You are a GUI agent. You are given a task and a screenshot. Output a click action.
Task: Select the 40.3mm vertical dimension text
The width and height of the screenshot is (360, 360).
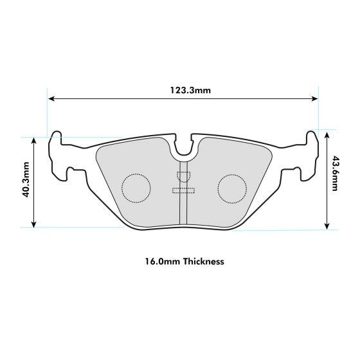click(x=26, y=183)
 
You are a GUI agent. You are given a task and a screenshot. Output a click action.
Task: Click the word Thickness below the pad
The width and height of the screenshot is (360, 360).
click(x=203, y=262)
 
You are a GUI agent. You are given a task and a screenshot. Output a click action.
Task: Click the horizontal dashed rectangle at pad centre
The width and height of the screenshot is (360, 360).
click(x=184, y=189)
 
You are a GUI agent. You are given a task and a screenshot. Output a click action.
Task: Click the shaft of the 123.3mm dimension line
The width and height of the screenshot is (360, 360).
click(x=129, y=98)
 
